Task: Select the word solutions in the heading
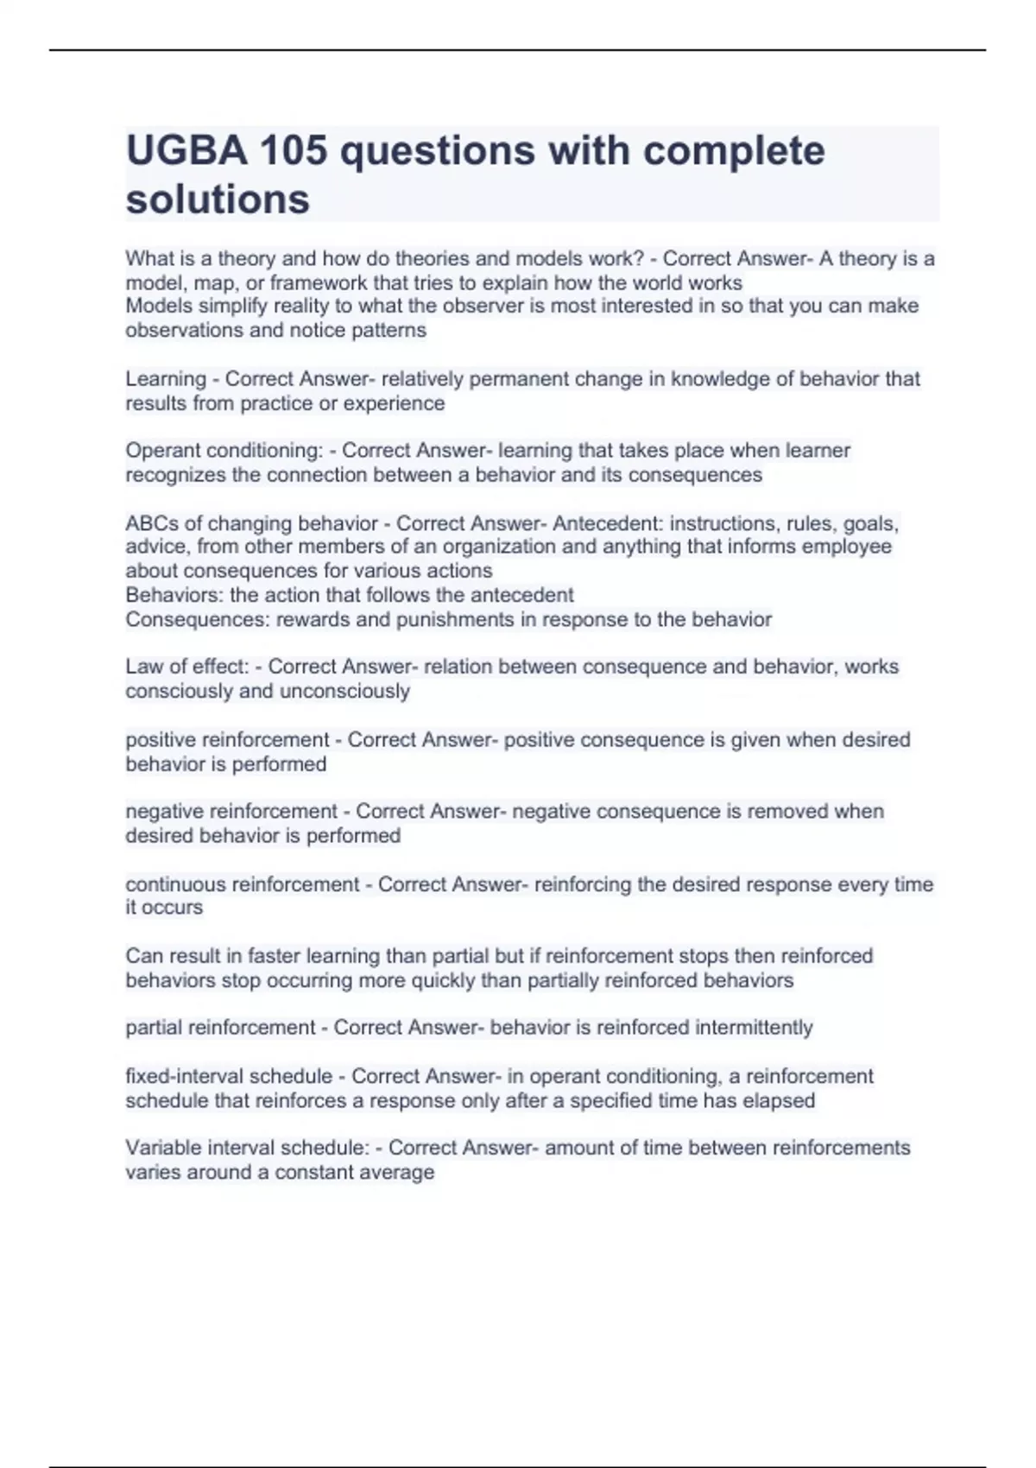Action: (x=218, y=199)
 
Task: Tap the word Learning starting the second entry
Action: (x=166, y=379)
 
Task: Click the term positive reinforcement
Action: (x=227, y=740)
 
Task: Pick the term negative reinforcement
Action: (x=231, y=812)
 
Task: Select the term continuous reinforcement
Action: (x=242, y=884)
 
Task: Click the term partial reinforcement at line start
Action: (x=220, y=1028)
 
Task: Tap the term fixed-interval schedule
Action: (x=229, y=1077)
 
